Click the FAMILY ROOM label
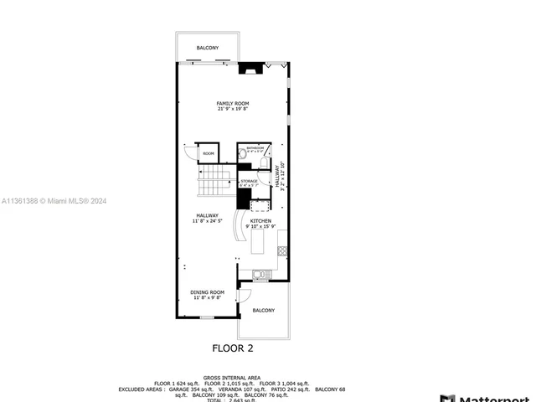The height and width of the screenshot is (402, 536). (233, 103)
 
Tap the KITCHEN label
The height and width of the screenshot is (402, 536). (260, 221)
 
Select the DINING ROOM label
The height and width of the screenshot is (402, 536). (207, 292)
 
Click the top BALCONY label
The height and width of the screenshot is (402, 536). (208, 48)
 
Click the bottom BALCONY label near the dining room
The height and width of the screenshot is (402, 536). (263, 311)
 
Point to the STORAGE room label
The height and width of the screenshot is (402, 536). (249, 181)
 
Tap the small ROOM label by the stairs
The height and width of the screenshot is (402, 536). (209, 154)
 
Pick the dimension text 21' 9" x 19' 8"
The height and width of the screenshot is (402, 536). (233, 109)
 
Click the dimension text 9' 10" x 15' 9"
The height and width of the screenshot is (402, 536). (260, 227)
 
